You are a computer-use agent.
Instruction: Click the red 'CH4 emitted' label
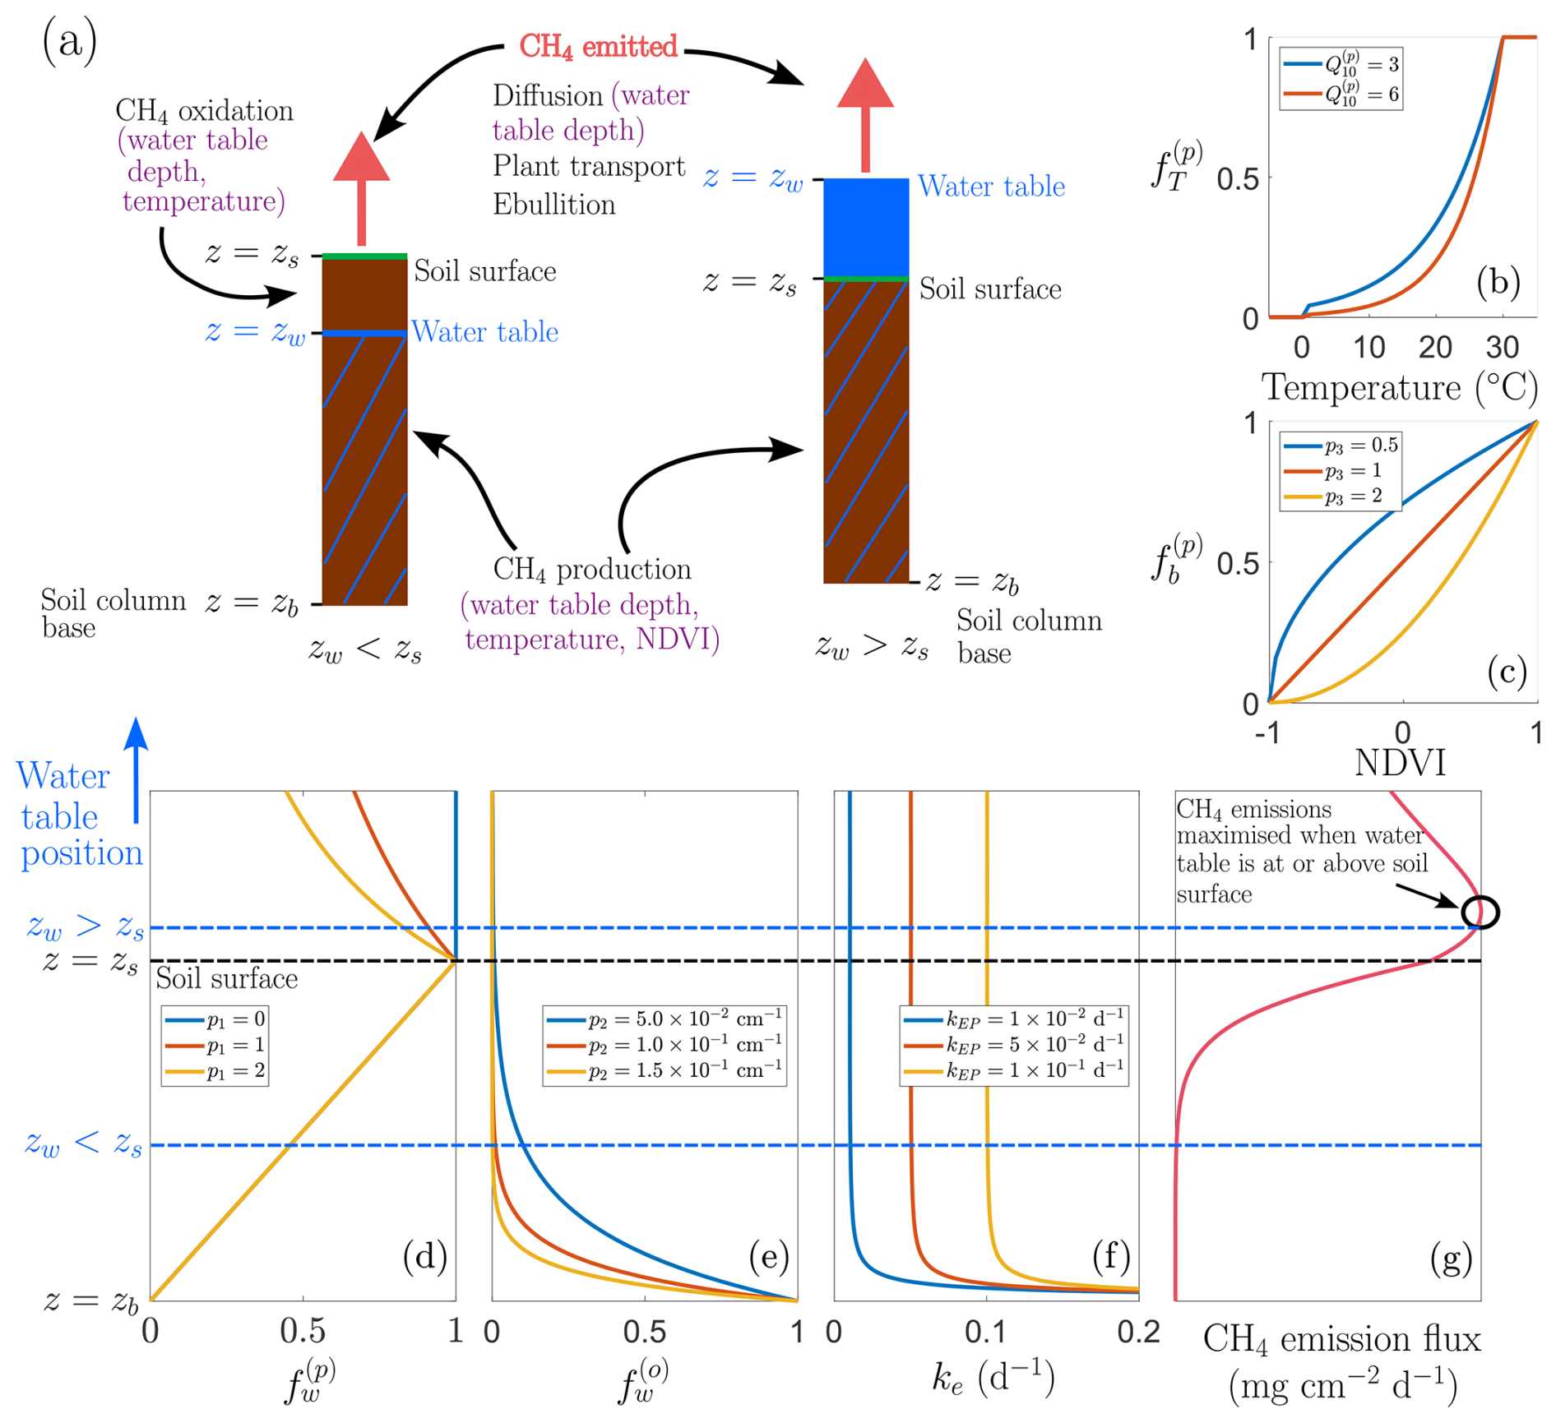point(598,47)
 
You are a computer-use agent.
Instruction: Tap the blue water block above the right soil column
point(866,227)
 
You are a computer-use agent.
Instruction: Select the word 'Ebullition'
point(553,204)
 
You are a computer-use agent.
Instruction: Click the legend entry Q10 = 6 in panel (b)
point(1341,95)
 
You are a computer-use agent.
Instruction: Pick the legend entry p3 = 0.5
point(1341,446)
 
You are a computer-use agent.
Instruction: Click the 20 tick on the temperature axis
point(1435,347)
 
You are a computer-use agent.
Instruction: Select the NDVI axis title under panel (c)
point(1400,763)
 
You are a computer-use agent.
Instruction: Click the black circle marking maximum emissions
point(1480,912)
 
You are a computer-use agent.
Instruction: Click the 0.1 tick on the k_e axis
point(985,1332)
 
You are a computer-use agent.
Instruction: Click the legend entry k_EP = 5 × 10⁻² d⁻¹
point(1014,1044)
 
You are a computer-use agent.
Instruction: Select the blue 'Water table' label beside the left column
point(484,331)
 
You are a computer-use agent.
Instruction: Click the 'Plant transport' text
point(589,166)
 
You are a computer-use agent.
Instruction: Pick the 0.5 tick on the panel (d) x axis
point(303,1332)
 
